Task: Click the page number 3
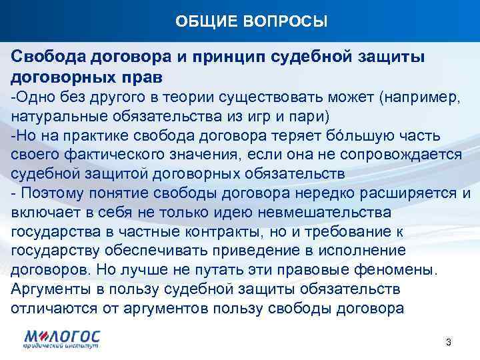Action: [x=449, y=342]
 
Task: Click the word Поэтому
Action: [x=53, y=194]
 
